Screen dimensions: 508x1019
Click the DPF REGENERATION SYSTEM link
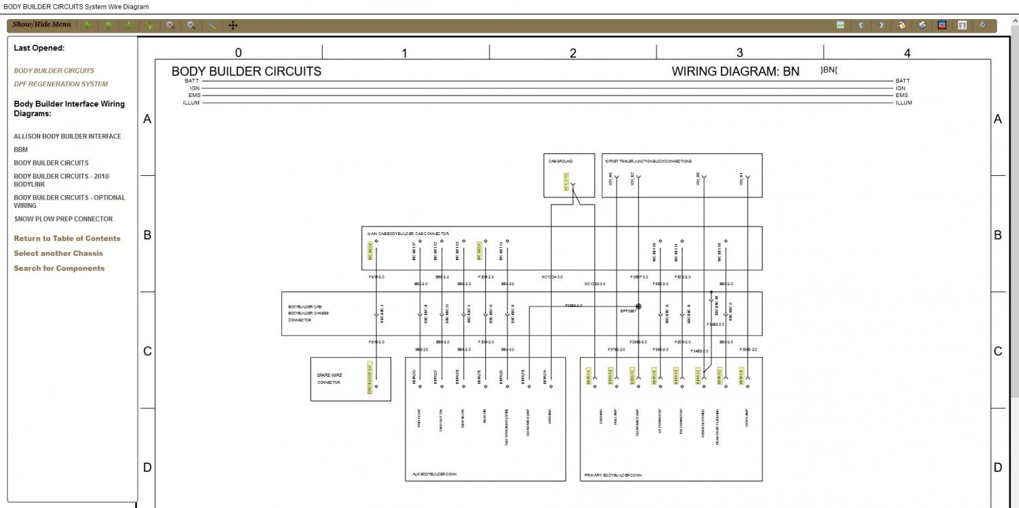[x=60, y=84]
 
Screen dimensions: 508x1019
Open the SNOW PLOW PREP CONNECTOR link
[x=63, y=219]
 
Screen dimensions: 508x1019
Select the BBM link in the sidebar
[x=20, y=149]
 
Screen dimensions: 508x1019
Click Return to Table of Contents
[x=67, y=238]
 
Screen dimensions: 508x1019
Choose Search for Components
[x=59, y=268]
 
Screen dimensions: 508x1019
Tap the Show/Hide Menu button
[x=41, y=25]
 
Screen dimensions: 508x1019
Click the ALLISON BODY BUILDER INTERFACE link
[x=67, y=137]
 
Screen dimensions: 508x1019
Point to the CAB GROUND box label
[x=560, y=162]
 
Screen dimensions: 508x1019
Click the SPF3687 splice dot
[x=639, y=307]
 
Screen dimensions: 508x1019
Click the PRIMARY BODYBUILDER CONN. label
[x=613, y=475]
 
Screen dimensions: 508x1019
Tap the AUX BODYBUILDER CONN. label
[x=434, y=474]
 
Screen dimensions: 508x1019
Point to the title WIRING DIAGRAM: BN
[x=735, y=71]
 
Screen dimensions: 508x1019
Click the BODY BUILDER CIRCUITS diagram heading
[x=246, y=71]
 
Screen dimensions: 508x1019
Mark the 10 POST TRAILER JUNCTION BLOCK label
[x=647, y=162]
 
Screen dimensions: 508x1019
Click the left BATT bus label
[x=192, y=81]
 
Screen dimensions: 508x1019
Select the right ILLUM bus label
[x=904, y=103]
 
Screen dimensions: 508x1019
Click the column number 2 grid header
[x=573, y=53]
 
